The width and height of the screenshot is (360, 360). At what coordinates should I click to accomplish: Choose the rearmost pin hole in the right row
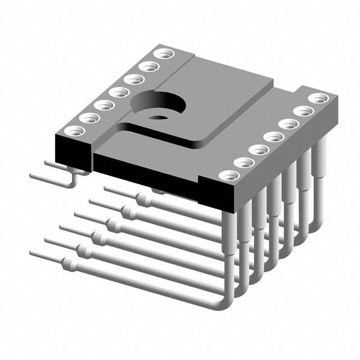click(x=319, y=98)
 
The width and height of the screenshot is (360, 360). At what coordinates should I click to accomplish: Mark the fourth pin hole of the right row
click(x=273, y=137)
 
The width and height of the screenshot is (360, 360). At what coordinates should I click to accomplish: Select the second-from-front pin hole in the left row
click(x=88, y=118)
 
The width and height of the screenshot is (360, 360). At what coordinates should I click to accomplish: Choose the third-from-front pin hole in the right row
click(x=258, y=150)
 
